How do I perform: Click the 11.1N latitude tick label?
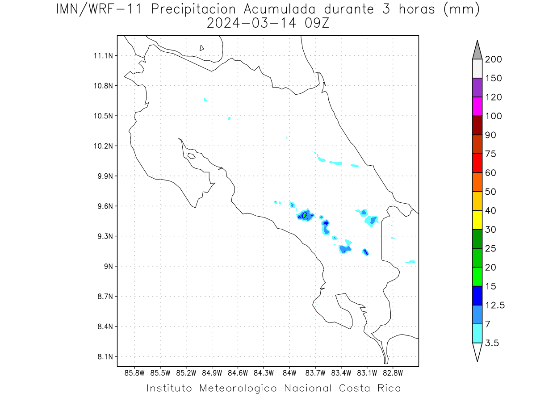pyautogui.click(x=103, y=56)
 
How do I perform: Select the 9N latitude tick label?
pyautogui.click(x=109, y=266)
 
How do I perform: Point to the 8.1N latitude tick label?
pyautogui.click(x=105, y=356)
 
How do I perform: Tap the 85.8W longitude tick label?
pyautogui.click(x=134, y=373)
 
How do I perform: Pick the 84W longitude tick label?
pyautogui.click(x=289, y=373)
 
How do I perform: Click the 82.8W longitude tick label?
pyautogui.click(x=393, y=373)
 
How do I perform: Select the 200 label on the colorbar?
pyautogui.click(x=493, y=59)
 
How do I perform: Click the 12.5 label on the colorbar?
pyautogui.click(x=495, y=305)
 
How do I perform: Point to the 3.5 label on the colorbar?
pyautogui.click(x=492, y=343)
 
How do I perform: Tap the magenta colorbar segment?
pyautogui.click(x=477, y=106)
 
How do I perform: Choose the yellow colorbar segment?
pyautogui.click(x=477, y=220)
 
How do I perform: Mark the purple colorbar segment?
pyautogui.click(x=477, y=88)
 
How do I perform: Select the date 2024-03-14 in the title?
pyautogui.click(x=251, y=23)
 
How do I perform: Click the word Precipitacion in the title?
pyautogui.click(x=193, y=9)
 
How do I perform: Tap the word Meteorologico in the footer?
pyautogui.click(x=238, y=388)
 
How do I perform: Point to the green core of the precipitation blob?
pyautogui.click(x=304, y=215)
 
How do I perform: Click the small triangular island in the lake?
pyautogui.click(x=201, y=48)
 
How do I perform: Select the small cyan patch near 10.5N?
pyautogui.click(x=229, y=119)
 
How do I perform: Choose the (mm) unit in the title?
pyautogui.click(x=461, y=9)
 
